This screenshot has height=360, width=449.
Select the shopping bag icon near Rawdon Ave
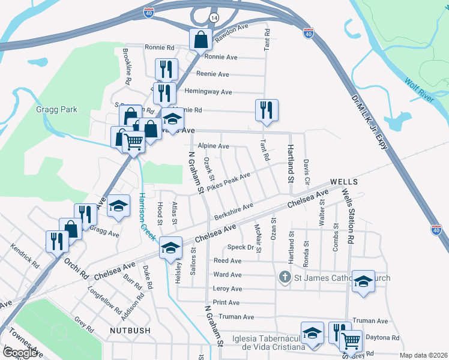tap(201, 40)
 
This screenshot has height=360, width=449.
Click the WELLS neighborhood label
tap(345, 181)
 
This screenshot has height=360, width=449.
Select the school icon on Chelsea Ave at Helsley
tap(170, 247)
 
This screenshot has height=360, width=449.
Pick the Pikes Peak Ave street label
tap(228, 182)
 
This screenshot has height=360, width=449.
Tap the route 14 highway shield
tap(214, 19)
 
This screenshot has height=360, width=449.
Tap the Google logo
tap(22, 353)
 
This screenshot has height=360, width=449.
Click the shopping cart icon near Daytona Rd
tap(351, 340)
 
